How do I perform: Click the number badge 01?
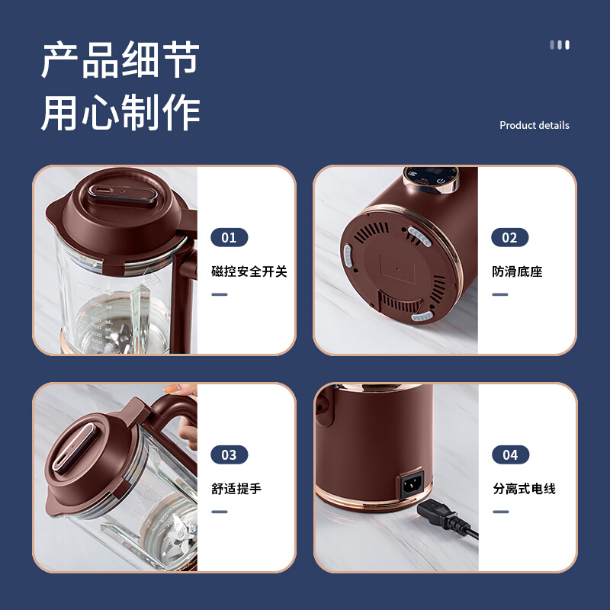tap(230, 237)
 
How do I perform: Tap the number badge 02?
tap(509, 237)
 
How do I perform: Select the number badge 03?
tap(230, 454)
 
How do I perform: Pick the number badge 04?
tap(510, 454)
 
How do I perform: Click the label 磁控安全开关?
tap(249, 271)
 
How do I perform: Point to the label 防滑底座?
tap(517, 271)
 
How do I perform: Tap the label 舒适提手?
tap(236, 488)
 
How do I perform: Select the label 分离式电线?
tap(524, 488)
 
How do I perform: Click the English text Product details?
tap(535, 125)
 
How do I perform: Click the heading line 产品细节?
tap(120, 59)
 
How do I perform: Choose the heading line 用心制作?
tap(120, 112)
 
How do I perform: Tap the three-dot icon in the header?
tap(560, 45)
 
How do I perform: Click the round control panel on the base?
tap(431, 179)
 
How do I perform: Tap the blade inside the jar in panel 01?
tap(117, 335)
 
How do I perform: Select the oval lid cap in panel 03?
tap(74, 449)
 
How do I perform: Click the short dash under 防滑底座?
tap(500, 294)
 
